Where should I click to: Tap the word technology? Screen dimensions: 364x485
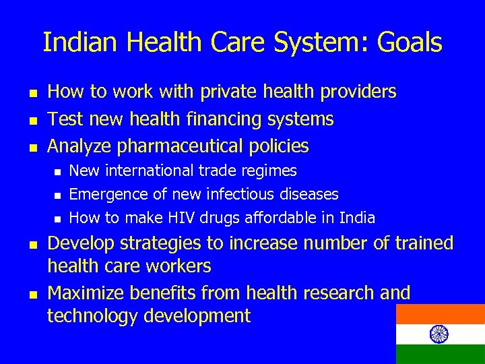[x=96, y=315]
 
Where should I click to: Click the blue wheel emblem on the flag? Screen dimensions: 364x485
[x=438, y=334]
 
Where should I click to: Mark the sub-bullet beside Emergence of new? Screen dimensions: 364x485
[x=58, y=195]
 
